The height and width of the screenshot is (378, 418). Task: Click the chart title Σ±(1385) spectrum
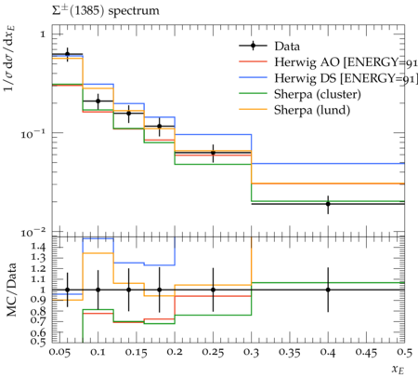105,11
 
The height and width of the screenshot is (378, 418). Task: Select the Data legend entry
287,47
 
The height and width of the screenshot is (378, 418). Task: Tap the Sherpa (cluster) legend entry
318,94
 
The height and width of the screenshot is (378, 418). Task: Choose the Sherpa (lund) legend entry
312,110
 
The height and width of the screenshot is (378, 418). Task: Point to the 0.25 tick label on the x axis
213,353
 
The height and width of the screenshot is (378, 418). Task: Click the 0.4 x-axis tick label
328,353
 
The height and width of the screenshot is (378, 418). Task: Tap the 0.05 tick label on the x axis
60,353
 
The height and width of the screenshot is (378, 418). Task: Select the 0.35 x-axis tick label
290,353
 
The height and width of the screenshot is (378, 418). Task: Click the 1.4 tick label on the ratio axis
39,247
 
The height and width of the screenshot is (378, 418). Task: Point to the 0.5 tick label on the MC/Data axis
39,342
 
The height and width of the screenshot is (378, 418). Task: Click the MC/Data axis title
11,290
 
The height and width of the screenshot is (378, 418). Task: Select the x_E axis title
398,370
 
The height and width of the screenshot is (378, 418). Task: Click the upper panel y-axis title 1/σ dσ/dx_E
10,59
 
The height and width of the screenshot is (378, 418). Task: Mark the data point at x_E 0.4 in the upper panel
328,204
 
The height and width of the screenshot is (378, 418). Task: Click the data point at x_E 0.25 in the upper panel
213,153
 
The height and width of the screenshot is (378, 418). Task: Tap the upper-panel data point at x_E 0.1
98,101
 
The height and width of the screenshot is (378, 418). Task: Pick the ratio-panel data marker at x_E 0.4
328,290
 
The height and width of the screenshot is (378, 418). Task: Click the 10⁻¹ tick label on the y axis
33,134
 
